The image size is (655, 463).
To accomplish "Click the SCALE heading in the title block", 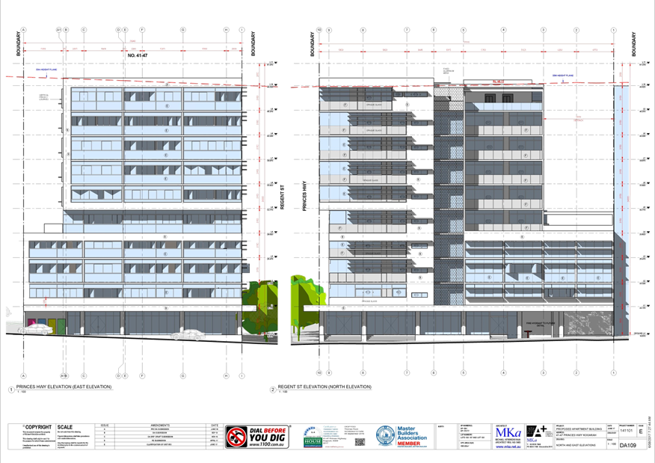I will click(x=67, y=426).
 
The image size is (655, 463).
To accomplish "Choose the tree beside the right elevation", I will click(x=307, y=303).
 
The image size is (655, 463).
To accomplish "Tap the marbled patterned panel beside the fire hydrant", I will click(x=586, y=324).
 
